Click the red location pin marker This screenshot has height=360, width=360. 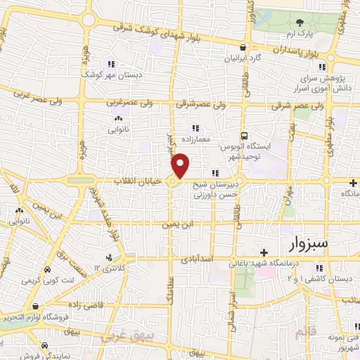click(181, 166)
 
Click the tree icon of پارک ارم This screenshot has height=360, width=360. click(299, 22)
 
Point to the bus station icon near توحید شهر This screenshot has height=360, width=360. click(243, 136)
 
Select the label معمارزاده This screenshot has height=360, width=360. click(195, 139)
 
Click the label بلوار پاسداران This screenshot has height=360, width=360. click(288, 51)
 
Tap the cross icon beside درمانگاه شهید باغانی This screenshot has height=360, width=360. click(264, 252)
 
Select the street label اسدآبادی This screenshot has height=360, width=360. click(197, 259)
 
